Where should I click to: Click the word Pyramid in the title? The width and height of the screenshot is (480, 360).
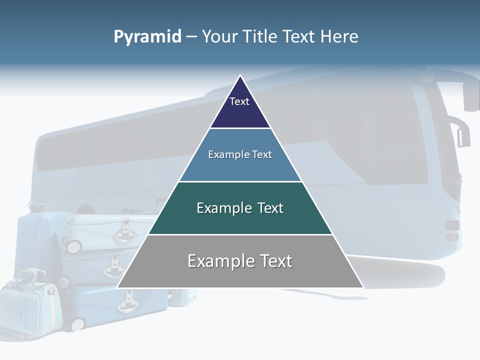point(147,36)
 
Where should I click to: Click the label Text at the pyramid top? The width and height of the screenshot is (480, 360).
point(239,101)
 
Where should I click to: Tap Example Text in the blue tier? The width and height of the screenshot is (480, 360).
point(240,154)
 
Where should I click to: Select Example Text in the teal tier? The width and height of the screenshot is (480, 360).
point(240,208)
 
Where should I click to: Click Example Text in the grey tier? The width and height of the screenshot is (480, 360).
point(240,261)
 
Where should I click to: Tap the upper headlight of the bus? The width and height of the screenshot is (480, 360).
point(451,225)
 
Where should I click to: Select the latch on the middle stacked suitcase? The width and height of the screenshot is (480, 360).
point(114,264)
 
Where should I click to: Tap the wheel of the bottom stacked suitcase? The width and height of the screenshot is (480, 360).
point(77,324)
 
